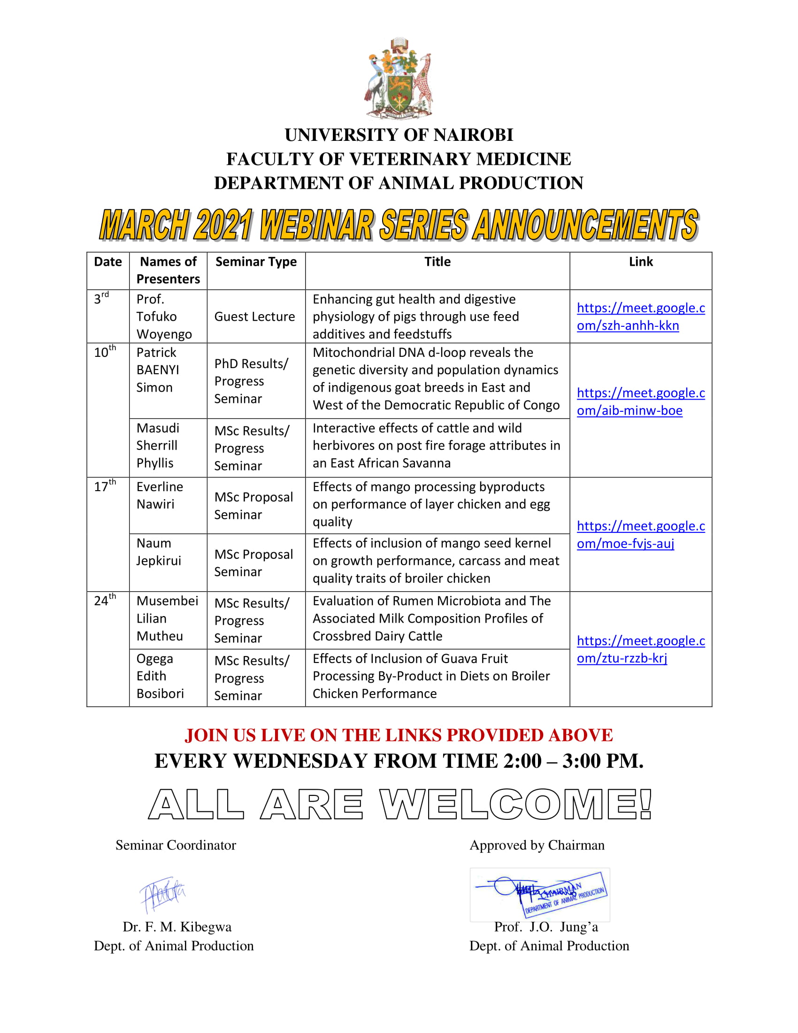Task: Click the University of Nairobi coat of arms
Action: [399, 78]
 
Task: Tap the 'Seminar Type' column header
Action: [256, 262]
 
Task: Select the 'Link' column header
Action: [641, 262]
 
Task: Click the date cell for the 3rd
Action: [101, 299]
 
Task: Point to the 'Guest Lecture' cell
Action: [254, 316]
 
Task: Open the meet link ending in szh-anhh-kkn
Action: [641, 316]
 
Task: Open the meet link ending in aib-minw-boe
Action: [641, 401]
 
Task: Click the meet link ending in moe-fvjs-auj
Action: [641, 534]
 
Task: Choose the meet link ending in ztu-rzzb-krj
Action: [641, 649]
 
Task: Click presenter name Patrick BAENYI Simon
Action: [157, 370]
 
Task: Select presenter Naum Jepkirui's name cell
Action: [158, 552]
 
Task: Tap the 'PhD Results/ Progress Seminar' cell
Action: [251, 381]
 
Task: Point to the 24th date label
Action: [105, 600]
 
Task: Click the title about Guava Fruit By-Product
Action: [431, 676]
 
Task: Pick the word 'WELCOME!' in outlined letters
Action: [516, 804]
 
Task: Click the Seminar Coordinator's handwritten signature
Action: [162, 894]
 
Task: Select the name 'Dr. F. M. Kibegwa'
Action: [177, 926]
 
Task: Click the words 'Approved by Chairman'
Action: [537, 845]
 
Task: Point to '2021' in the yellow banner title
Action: [223, 224]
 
